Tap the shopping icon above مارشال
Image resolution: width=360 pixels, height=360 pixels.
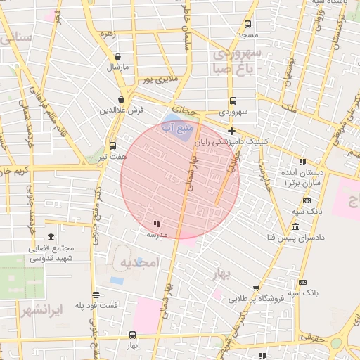(x=117, y=57)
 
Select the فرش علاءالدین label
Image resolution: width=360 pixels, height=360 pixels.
(x=121, y=110)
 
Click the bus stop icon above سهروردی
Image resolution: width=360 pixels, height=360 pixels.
(x=233, y=101)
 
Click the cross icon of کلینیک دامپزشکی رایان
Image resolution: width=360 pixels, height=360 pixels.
(x=231, y=131)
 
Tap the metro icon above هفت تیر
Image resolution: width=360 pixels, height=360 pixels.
(x=112, y=146)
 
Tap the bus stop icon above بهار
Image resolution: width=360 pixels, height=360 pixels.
(x=134, y=335)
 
